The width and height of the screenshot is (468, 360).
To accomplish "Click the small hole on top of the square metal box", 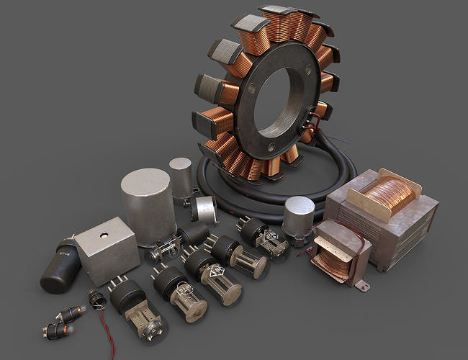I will pyautogui.click(x=103, y=235).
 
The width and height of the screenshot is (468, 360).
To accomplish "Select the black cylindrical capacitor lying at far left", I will pyautogui.click(x=60, y=266).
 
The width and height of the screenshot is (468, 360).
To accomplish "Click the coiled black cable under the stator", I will pyautogui.click(x=238, y=202).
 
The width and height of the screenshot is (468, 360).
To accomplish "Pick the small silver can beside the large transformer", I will pyautogui.click(x=298, y=215).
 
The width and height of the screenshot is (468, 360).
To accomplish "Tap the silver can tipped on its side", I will pyautogui.click(x=204, y=208).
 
